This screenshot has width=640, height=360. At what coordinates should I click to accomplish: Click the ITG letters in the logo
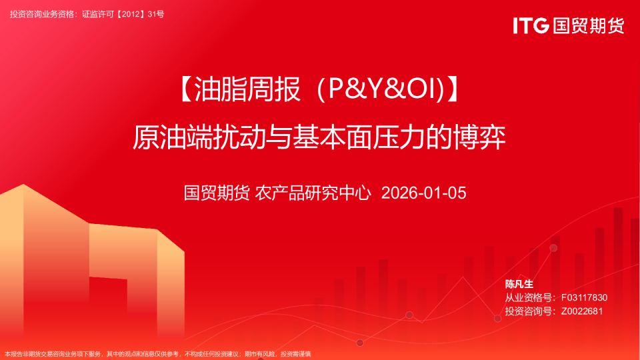point(531,26)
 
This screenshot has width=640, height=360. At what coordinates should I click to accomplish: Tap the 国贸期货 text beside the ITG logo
point(587,26)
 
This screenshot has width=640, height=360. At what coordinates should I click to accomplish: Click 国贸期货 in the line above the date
point(217,193)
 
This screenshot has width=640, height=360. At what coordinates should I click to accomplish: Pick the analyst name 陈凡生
point(519,284)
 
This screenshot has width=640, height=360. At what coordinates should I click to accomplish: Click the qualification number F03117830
point(584,297)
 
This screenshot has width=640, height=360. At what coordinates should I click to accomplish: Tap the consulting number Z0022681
point(582,311)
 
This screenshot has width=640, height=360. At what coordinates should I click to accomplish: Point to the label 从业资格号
point(529,297)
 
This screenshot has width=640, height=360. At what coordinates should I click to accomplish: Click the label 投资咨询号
point(529,311)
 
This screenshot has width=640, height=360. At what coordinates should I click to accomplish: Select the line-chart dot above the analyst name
point(553,248)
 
